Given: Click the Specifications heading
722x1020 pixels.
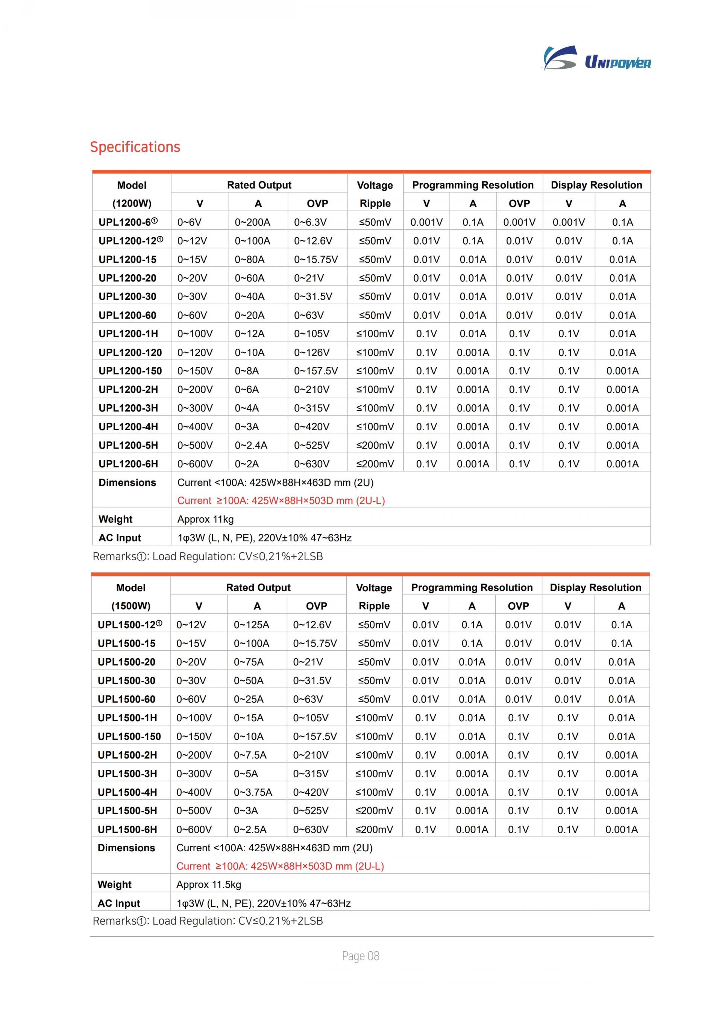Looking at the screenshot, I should [135, 147].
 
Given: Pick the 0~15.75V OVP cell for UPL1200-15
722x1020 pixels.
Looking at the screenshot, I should [315, 260].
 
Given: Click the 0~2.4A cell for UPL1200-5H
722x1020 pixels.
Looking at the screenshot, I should [251, 445].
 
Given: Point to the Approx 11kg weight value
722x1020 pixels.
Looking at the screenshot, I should [205, 519].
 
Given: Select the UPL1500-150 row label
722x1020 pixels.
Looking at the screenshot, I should [129, 736].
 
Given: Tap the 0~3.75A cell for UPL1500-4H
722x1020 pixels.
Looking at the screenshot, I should [253, 792].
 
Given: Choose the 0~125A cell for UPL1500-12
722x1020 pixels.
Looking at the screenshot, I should [251, 625].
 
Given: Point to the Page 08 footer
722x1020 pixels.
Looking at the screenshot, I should [361, 956].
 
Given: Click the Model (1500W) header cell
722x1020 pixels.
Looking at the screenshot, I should [131, 597].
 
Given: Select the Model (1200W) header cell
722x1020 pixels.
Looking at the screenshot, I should [132, 194].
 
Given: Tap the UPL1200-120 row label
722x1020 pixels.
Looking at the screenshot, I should [130, 352].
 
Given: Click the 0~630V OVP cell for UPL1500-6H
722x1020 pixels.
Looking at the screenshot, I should [310, 829].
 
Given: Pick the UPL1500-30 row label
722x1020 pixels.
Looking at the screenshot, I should [126, 681].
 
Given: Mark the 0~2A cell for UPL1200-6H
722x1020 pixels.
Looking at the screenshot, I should [247, 464].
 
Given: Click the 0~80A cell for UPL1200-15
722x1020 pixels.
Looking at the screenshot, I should [249, 260].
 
